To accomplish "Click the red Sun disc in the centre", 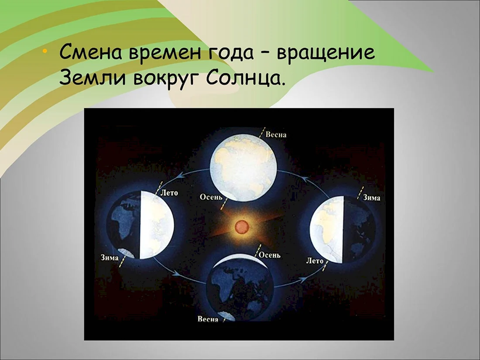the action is click(x=242, y=227).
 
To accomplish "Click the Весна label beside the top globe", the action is click(x=276, y=135).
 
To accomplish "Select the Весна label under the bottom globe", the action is click(x=208, y=319).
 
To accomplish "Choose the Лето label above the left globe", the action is click(x=169, y=193).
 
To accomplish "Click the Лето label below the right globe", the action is click(x=315, y=261).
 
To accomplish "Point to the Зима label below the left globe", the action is click(x=110, y=258).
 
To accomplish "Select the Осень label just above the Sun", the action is click(x=211, y=197).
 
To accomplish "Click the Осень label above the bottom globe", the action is click(x=269, y=255).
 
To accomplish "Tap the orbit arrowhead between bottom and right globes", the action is click(x=303, y=279).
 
